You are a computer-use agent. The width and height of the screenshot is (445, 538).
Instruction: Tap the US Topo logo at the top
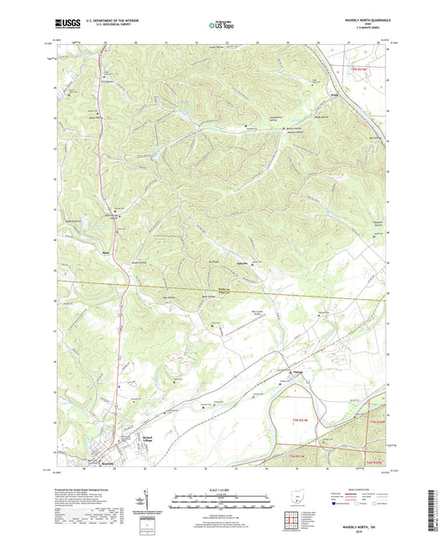click(x=222, y=26)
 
